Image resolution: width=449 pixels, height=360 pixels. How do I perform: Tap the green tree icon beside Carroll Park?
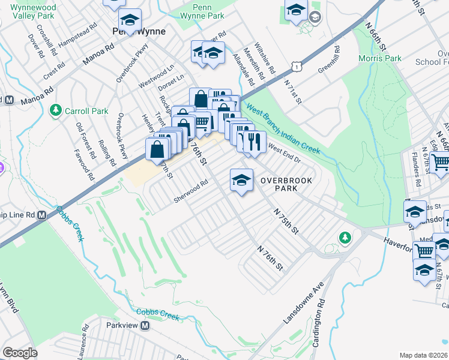pos(56,110)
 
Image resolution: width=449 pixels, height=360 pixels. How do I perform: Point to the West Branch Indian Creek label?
pos(282,130)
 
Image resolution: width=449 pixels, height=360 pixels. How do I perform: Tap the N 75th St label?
pos(285,221)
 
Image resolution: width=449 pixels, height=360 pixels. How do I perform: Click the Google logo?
pos(20,353)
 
